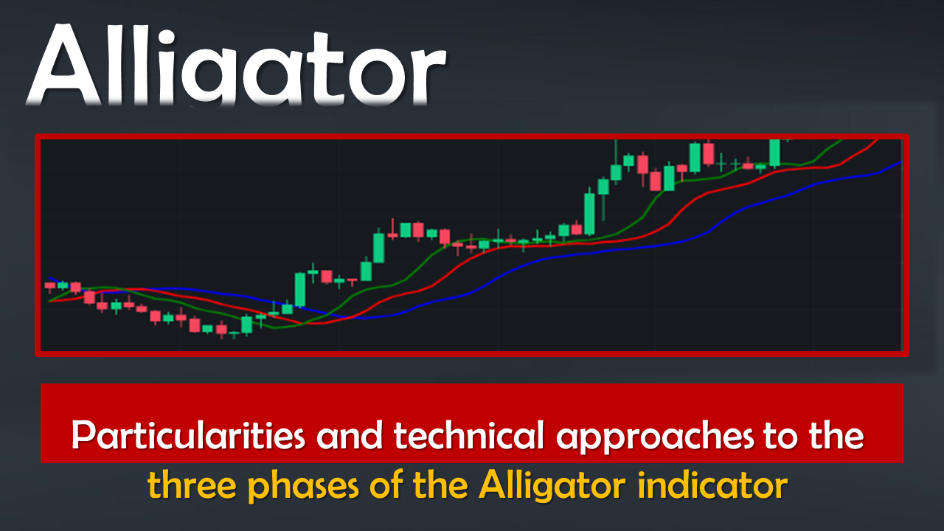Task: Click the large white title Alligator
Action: (236, 66)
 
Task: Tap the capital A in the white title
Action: (64, 66)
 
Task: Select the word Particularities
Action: (188, 435)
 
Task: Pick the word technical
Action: (468, 435)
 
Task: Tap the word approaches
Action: (654, 438)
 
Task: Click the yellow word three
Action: (192, 485)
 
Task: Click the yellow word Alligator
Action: (552, 487)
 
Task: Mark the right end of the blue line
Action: (901, 162)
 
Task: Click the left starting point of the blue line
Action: (49, 278)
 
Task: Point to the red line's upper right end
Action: (878, 140)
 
